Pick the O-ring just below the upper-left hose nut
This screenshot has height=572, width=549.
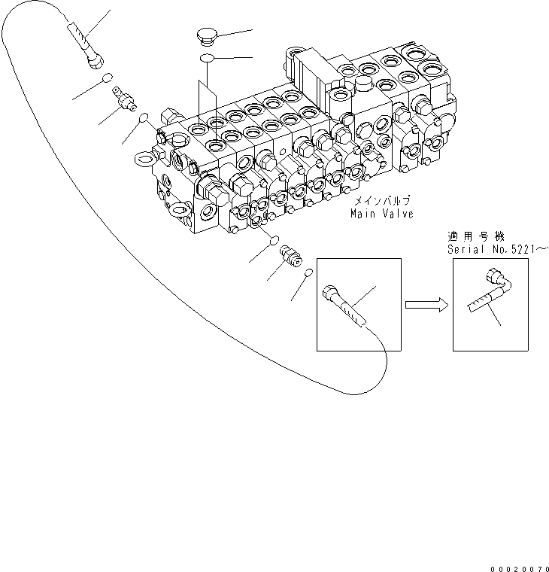pyautogui.click(x=109, y=78)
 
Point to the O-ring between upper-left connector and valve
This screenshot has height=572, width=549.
pyautogui.click(x=142, y=117)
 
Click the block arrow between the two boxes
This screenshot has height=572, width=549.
pyautogui.click(x=426, y=305)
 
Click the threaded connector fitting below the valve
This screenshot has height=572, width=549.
pyautogui.click(x=290, y=254)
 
